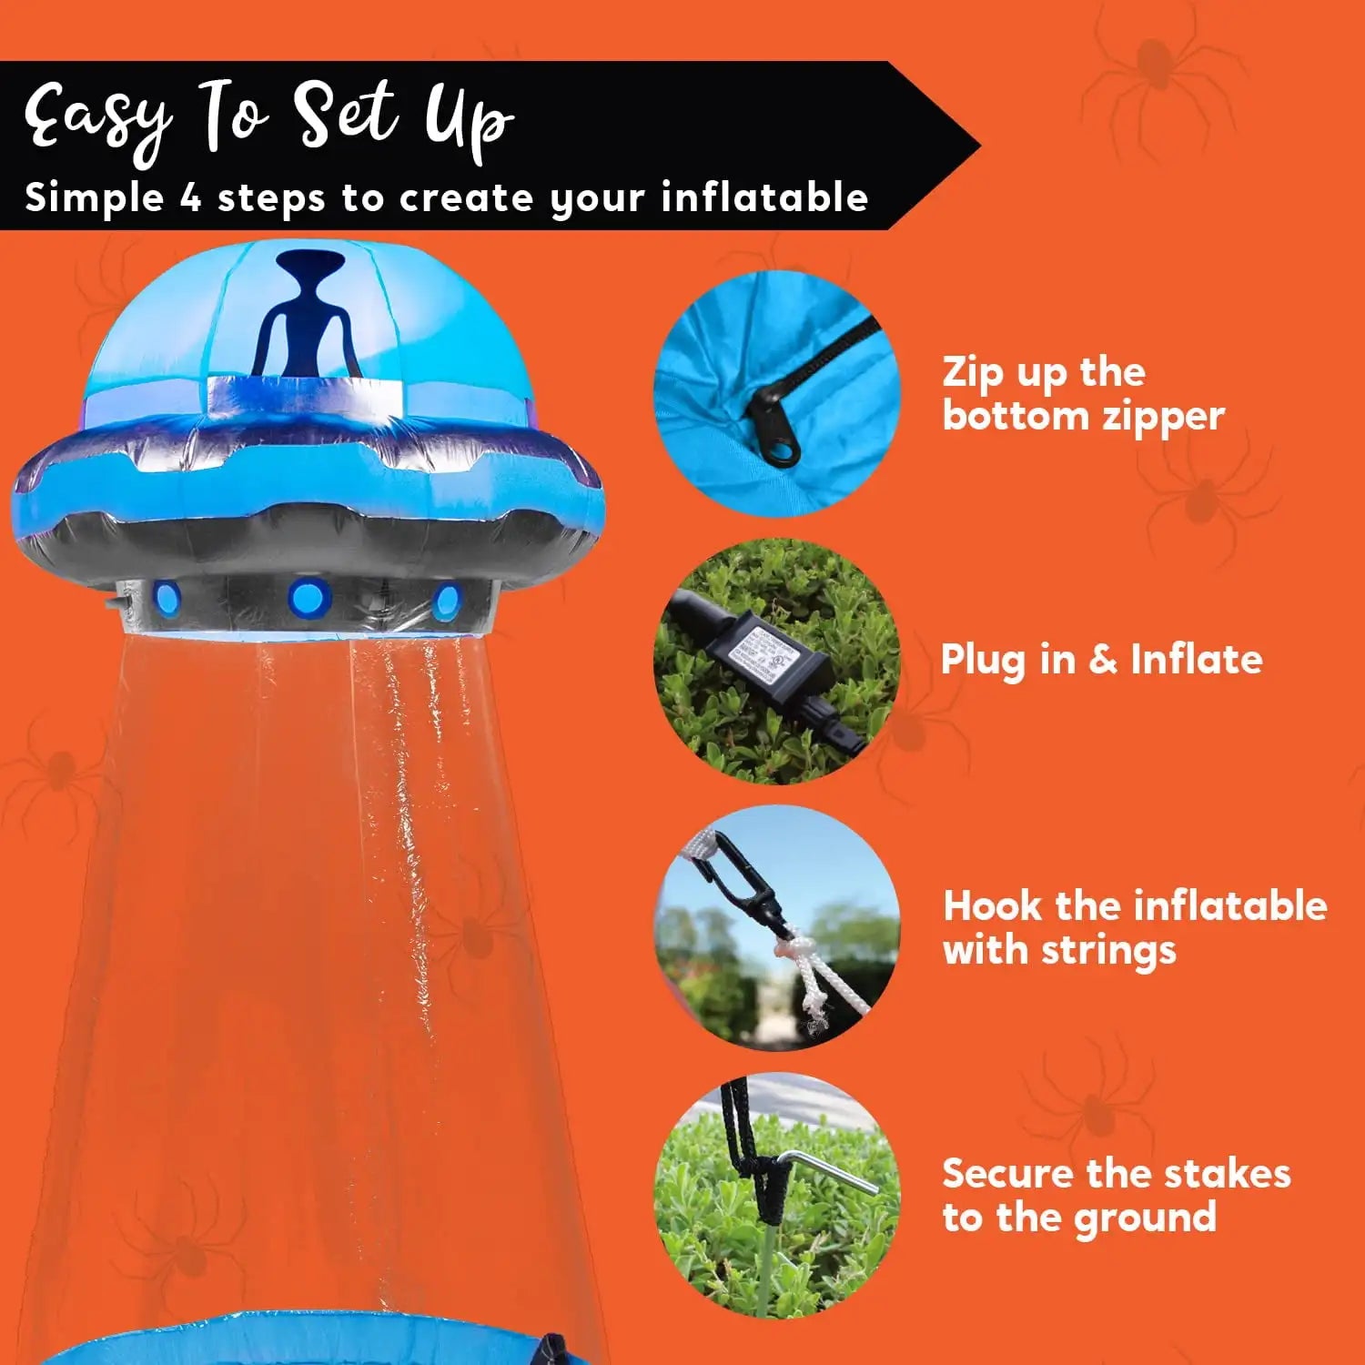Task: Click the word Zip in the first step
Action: [x=973, y=373]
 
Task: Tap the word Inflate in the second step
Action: [x=1196, y=660]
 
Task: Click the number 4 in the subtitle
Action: [x=190, y=197]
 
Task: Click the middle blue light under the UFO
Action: [x=307, y=598]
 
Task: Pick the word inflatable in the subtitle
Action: [x=764, y=197]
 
